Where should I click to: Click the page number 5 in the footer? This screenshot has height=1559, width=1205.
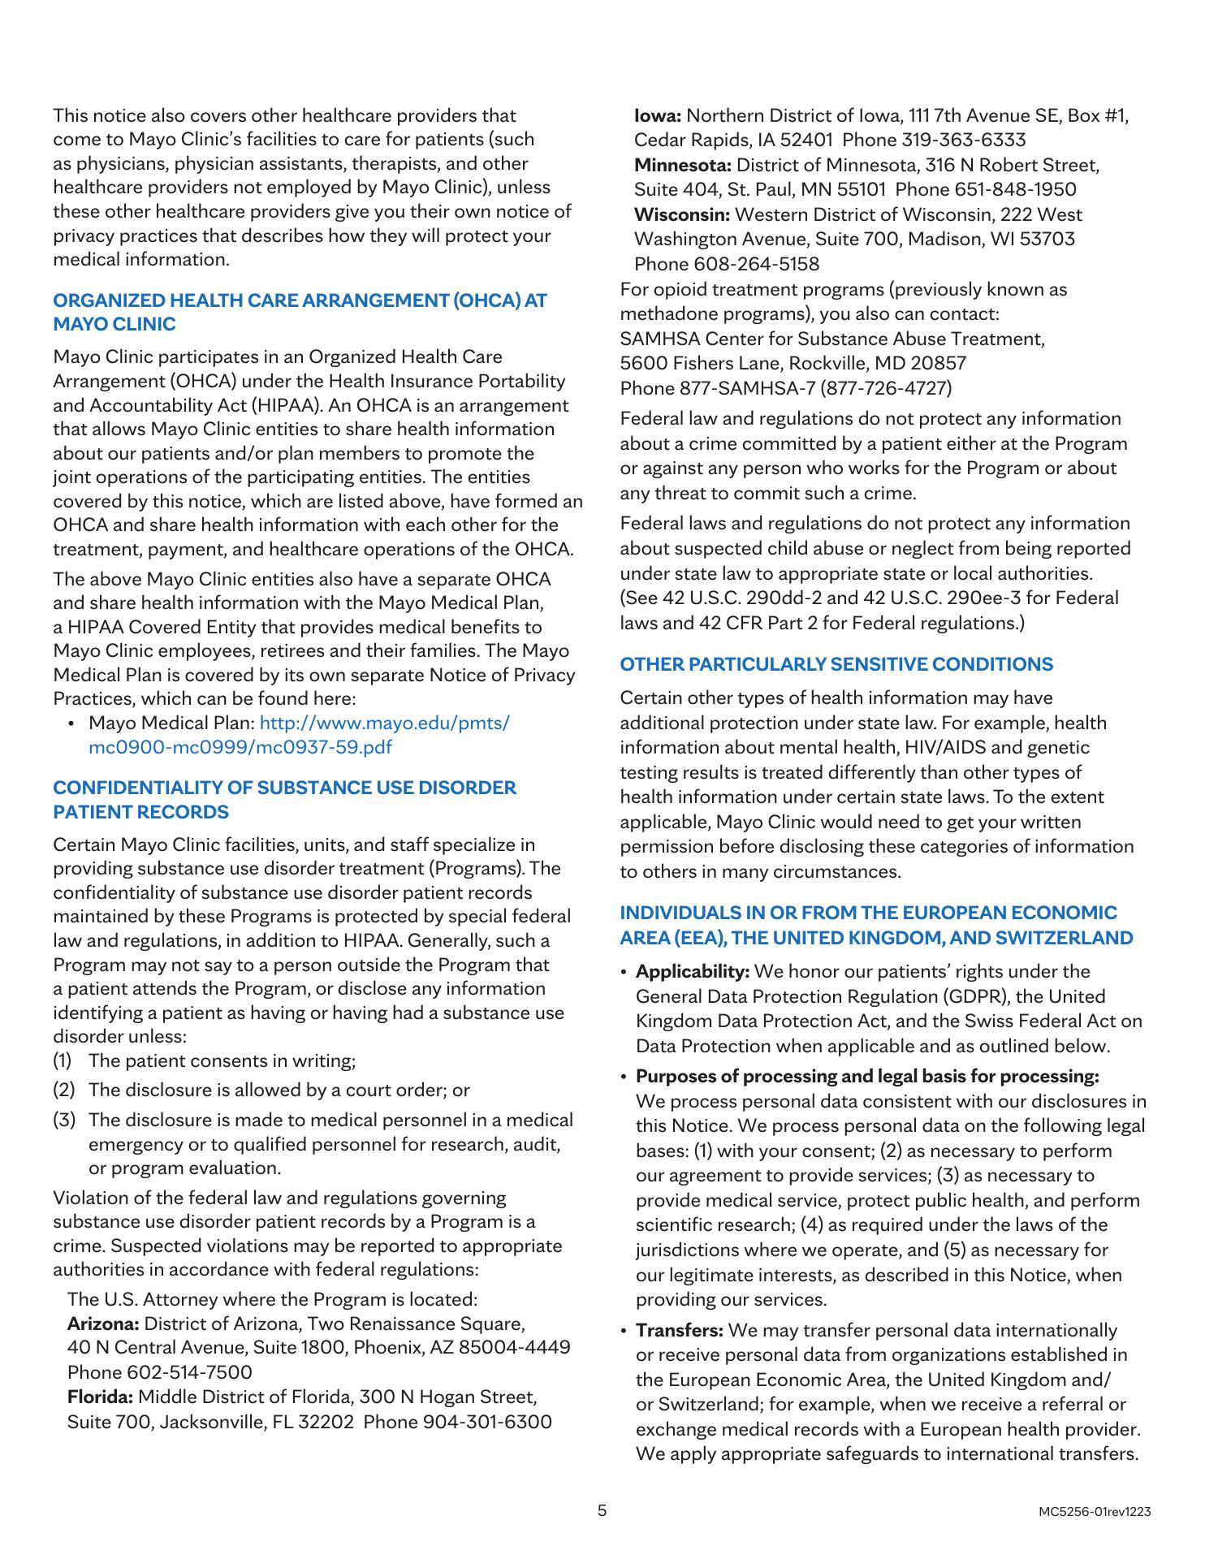602,1511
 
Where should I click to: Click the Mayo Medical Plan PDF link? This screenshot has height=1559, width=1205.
299,735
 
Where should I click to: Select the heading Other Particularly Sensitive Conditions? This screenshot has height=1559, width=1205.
836,664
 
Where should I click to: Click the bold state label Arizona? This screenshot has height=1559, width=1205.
103,1324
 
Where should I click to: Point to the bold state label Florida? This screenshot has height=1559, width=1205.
101,1397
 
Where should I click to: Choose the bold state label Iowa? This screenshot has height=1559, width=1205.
658,115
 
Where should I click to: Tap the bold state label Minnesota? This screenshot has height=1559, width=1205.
683,166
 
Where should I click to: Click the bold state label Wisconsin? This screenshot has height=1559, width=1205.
682,215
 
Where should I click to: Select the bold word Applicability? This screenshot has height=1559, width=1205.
693,971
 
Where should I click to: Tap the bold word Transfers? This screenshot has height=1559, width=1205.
680,1331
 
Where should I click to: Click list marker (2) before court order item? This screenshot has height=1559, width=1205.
64,1090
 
